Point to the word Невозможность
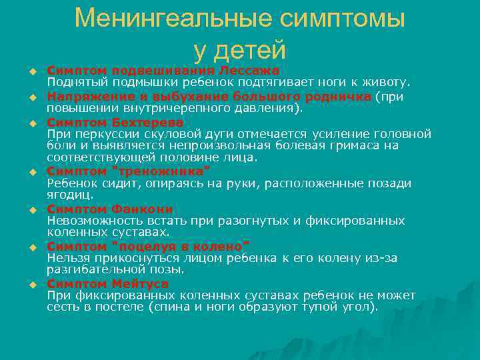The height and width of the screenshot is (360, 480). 90,220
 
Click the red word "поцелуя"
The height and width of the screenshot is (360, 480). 139,246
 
